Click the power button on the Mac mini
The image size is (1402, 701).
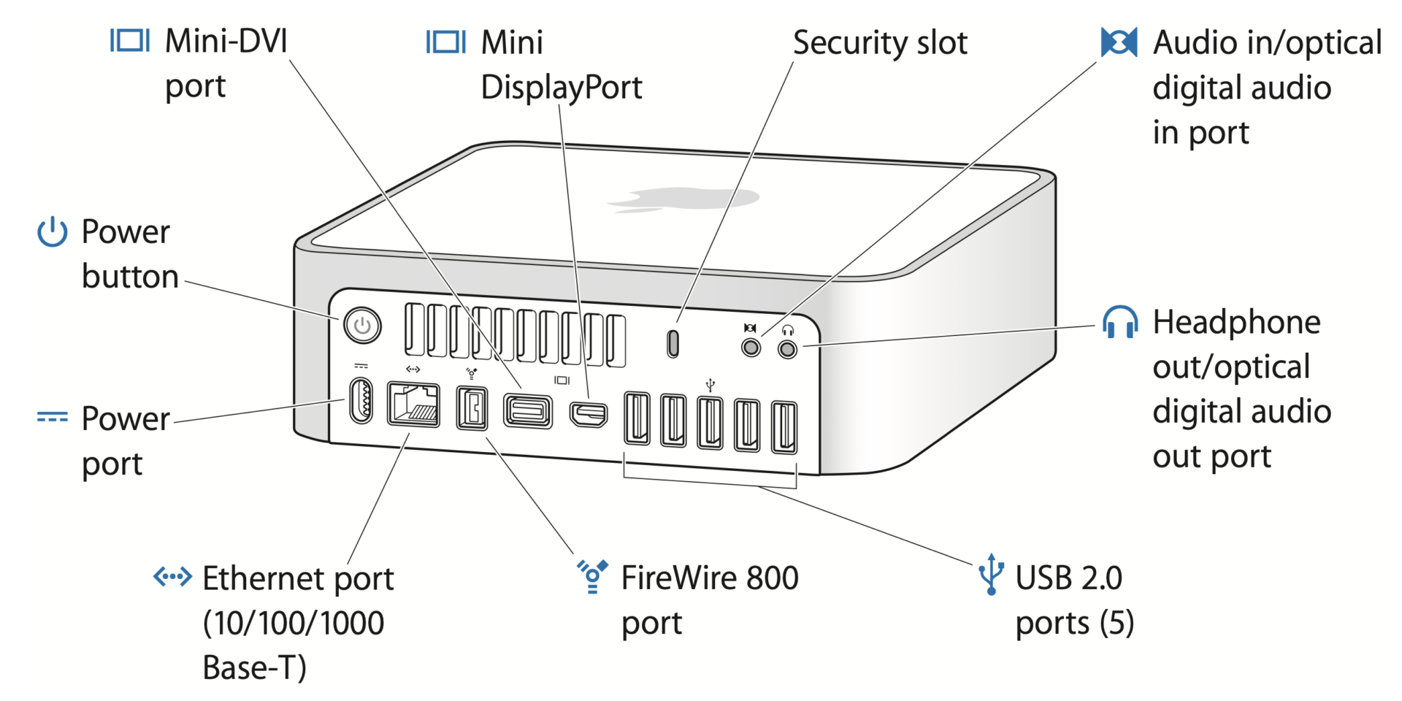click(x=362, y=326)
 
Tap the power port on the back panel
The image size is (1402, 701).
click(x=361, y=400)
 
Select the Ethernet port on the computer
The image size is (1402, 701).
click(x=413, y=404)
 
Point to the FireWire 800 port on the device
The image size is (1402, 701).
click(x=472, y=408)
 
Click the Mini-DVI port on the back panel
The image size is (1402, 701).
click(x=527, y=411)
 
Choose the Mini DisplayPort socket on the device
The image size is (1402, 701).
click(x=589, y=415)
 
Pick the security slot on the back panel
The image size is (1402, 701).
click(x=673, y=343)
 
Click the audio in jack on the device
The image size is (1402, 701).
click(x=751, y=347)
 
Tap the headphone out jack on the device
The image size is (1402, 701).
click(x=787, y=350)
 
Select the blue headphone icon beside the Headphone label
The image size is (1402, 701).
click(x=1119, y=322)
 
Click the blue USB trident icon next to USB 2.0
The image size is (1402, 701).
click(x=991, y=575)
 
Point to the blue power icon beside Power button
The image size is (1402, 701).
click(x=53, y=232)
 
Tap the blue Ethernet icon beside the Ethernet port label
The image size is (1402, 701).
click(x=172, y=576)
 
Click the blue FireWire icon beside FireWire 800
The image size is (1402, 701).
click(x=592, y=576)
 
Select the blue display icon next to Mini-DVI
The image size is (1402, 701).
click(x=130, y=40)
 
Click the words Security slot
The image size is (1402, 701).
click(x=880, y=42)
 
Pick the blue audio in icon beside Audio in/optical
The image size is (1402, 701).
click(x=1119, y=42)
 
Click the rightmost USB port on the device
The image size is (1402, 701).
click(x=784, y=427)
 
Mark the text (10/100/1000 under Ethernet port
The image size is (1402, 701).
click(x=293, y=623)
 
